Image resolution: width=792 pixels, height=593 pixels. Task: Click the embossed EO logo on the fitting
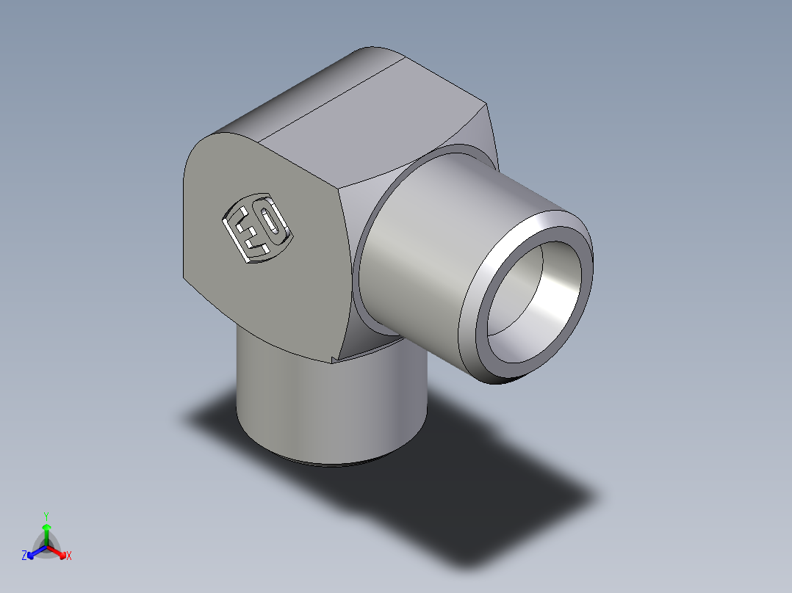tap(258, 228)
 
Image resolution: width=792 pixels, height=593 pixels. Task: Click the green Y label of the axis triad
tap(46, 517)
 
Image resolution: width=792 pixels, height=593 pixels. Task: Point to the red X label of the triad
tap(69, 556)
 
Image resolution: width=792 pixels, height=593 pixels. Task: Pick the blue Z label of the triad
tap(24, 556)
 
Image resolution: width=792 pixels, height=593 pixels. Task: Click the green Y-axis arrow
tap(46, 534)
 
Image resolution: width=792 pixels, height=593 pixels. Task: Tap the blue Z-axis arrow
tap(37, 552)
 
